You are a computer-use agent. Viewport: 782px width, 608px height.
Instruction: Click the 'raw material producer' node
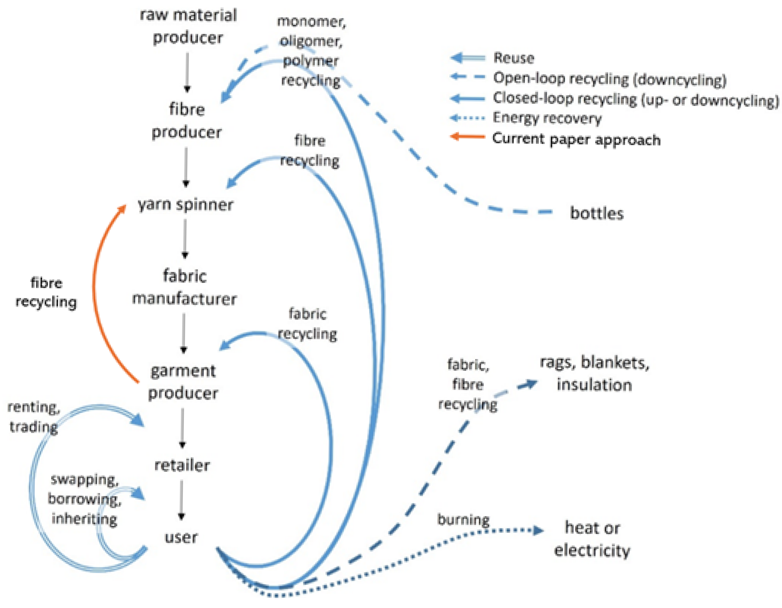coord(188,26)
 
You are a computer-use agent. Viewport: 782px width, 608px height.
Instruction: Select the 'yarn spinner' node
coord(186,205)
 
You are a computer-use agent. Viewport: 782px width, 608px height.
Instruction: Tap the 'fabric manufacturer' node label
coord(185,287)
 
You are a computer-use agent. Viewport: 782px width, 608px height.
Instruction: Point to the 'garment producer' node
coord(183,382)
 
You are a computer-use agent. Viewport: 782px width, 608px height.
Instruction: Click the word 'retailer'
coord(182,465)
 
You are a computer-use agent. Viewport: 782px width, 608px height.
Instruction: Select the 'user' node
coord(181,537)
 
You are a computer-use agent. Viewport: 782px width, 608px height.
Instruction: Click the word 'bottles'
coord(596,213)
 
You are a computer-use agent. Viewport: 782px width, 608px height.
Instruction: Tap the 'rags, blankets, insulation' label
coord(594,374)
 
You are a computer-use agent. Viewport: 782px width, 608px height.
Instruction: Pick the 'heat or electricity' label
coord(592,539)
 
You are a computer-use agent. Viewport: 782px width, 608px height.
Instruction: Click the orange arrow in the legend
coord(467,137)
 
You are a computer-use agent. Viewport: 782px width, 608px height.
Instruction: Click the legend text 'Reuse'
coord(514,58)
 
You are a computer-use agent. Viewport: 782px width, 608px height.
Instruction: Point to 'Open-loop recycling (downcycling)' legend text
coord(610,78)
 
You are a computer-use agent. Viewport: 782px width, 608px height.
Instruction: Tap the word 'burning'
coord(463,519)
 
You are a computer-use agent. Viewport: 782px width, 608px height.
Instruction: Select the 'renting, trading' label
coord(34,417)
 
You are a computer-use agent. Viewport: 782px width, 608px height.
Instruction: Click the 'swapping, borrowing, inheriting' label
coord(84,499)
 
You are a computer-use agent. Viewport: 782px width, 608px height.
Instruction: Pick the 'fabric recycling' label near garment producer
coord(307,324)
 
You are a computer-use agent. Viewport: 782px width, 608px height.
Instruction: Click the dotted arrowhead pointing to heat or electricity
coord(538,530)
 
